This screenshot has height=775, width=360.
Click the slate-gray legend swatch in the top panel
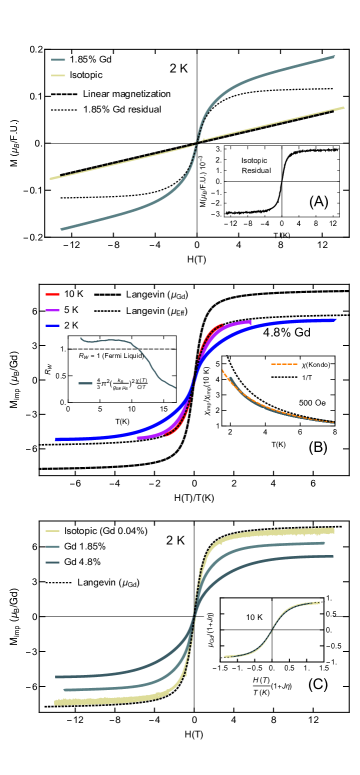[x=58, y=60]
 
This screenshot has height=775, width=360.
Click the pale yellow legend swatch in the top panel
[x=58, y=75]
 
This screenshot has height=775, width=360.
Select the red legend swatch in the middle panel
[x=52, y=294]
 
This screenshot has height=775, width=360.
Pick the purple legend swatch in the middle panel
[x=52, y=311]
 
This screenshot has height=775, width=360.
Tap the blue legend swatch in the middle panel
[x=52, y=326]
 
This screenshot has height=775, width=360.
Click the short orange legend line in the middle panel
[x=284, y=363]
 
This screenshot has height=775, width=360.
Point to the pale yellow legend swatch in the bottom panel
[x=52, y=531]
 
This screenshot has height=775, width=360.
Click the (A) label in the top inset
[x=318, y=201]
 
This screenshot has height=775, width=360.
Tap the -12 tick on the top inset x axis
[x=231, y=224]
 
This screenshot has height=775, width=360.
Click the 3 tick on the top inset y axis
[x=217, y=149]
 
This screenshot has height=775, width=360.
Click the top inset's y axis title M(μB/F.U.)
[x=204, y=180]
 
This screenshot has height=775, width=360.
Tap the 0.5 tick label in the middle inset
[x=61, y=375]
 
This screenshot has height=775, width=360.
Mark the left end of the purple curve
[x=137, y=437]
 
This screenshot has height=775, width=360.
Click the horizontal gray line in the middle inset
[x=120, y=349]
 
